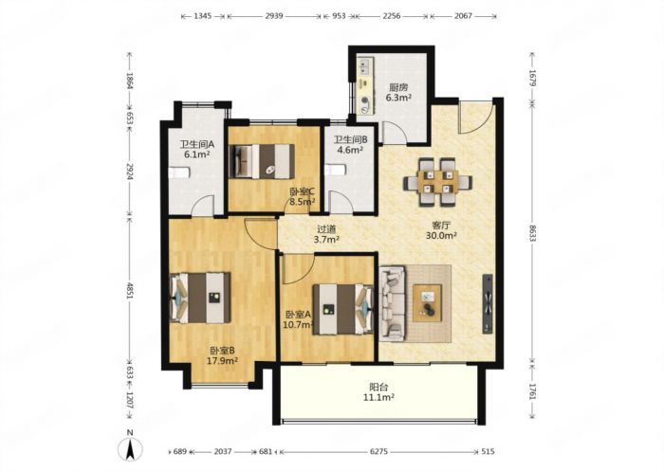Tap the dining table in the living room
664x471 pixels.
pyautogui.click(x=437, y=182)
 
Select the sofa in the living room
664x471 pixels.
pyautogui.click(x=393, y=302)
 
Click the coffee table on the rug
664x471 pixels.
pyautogui.click(x=427, y=303)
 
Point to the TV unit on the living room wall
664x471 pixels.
pyautogui.click(x=488, y=303)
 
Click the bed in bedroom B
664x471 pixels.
pyautogui.click(x=200, y=298)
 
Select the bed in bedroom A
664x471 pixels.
pyautogui.click(x=343, y=309)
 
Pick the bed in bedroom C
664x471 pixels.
pyautogui.click(x=262, y=161)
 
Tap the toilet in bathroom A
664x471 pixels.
pyautogui.click(x=179, y=172)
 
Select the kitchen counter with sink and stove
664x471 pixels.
pyautogui.click(x=365, y=86)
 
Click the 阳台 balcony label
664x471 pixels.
pyautogui.click(x=378, y=387)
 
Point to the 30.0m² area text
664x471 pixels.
pyautogui.click(x=441, y=236)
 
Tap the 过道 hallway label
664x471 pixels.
pyautogui.click(x=326, y=229)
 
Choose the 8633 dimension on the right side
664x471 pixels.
pyautogui.click(x=532, y=231)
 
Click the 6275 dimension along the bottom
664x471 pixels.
pyautogui.click(x=378, y=451)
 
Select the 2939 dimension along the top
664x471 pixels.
pyautogui.click(x=274, y=16)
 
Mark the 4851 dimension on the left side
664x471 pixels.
pyautogui.click(x=130, y=289)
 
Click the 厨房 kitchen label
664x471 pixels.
pyautogui.click(x=398, y=87)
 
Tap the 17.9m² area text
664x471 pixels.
pyautogui.click(x=222, y=360)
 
